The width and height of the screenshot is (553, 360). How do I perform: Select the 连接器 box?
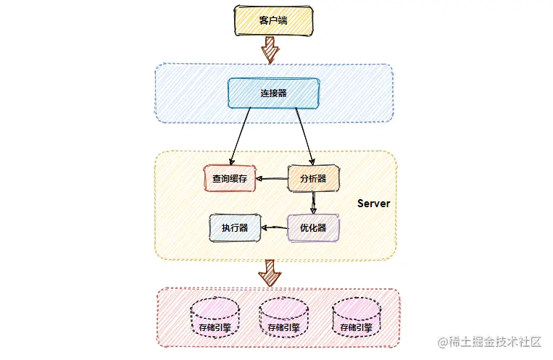(x=273, y=93)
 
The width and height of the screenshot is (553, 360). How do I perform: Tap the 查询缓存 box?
(x=230, y=178)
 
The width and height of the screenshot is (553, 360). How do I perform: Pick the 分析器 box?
(x=313, y=178)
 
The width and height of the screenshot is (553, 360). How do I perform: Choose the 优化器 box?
(x=313, y=227)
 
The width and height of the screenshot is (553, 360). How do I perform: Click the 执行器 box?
(x=235, y=227)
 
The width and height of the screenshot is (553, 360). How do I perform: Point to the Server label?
(x=373, y=204)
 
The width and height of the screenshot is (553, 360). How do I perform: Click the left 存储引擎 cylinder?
(x=215, y=318)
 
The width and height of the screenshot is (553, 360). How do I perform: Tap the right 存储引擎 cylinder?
(x=355, y=318)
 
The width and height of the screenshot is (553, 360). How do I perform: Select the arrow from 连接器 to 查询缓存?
(x=241, y=136)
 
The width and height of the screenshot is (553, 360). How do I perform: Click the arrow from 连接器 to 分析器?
(x=304, y=136)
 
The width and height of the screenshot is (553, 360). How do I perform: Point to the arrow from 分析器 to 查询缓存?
(x=273, y=178)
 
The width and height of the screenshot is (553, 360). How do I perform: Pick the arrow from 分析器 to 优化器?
(x=313, y=202)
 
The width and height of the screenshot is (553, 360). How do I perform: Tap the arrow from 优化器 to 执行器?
(x=275, y=228)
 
